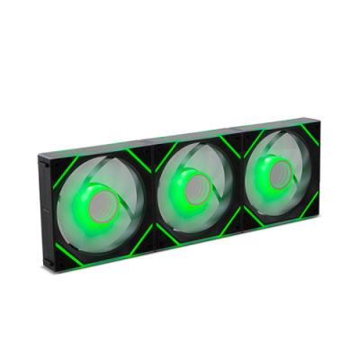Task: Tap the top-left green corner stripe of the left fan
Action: pyautogui.click(x=60, y=161)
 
